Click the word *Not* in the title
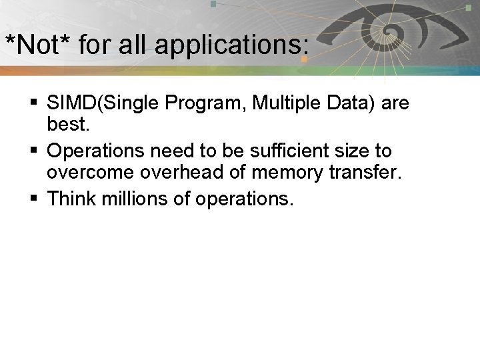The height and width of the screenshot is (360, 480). click(38, 46)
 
